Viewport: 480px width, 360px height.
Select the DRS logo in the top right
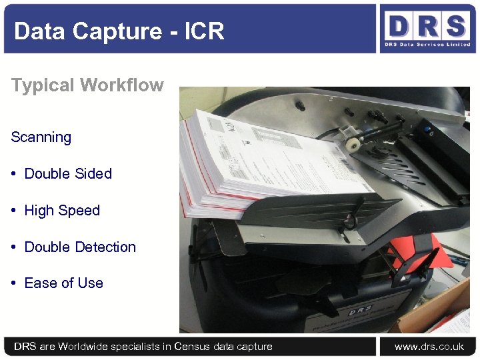coord(427,29)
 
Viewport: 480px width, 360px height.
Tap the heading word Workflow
coord(121,85)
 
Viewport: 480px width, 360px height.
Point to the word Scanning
coord(41,137)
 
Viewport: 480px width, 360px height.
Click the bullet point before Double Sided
coord(14,174)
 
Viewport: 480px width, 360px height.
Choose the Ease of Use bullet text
coord(63,283)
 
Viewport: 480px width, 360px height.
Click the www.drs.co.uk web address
coord(429,347)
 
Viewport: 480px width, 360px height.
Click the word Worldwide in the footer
coord(85,347)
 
